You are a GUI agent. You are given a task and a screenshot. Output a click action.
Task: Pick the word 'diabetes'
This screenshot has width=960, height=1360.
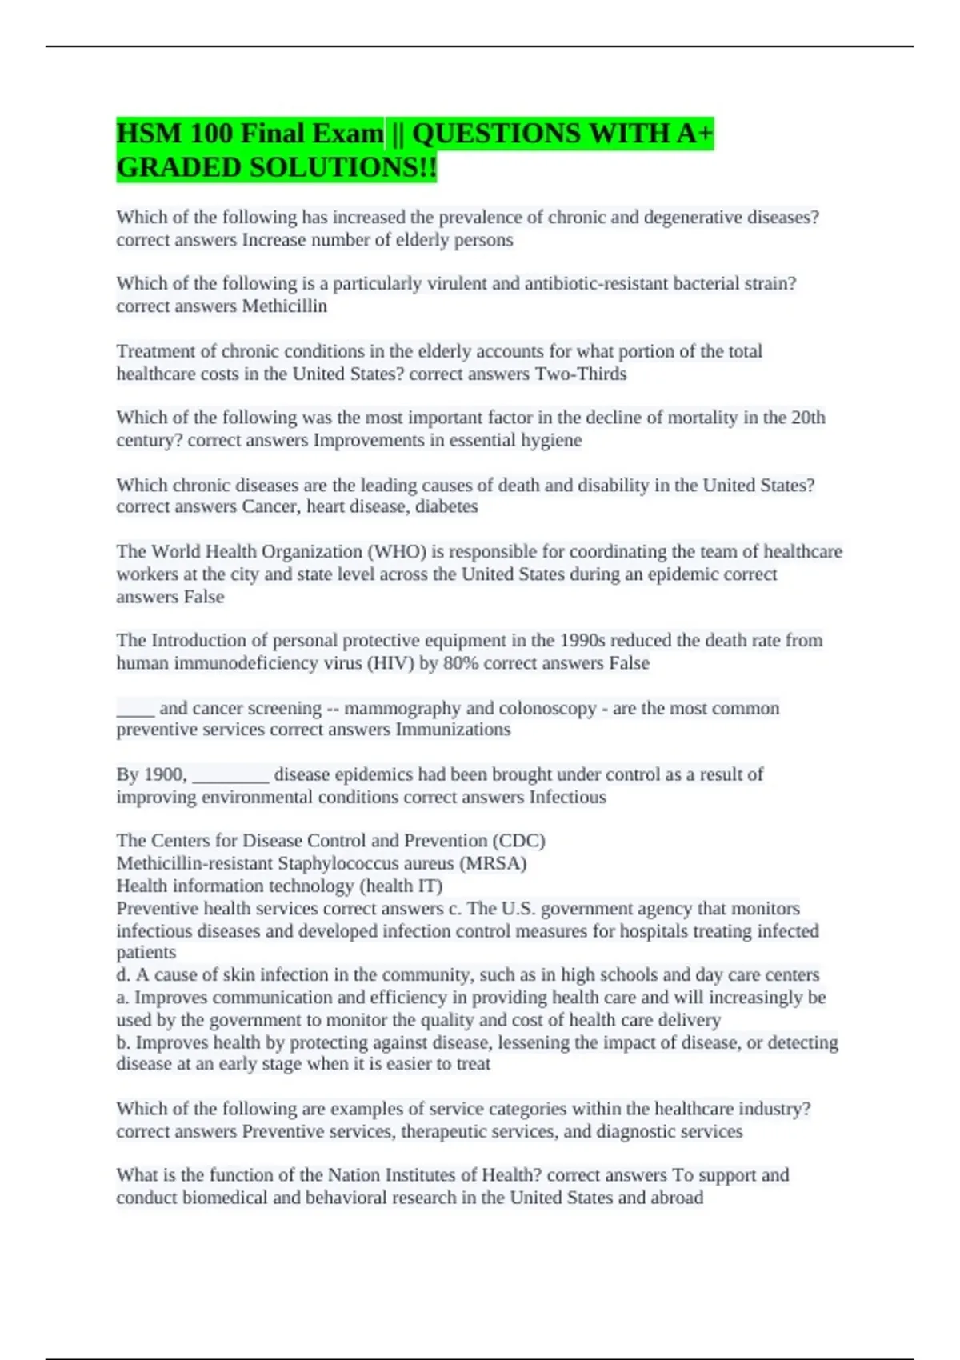click(446, 506)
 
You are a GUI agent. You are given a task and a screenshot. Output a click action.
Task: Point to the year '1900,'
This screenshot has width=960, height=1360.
click(165, 774)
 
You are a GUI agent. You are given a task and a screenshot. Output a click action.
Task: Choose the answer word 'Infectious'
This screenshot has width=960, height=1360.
click(567, 797)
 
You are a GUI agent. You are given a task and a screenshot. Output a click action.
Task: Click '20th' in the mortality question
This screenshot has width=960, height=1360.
click(808, 418)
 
